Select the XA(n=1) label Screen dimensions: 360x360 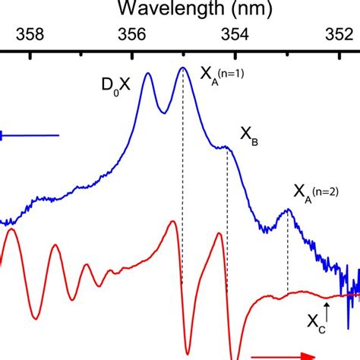tap(221, 74)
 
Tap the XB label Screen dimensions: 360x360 tap(250, 135)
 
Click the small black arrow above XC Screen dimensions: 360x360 tap(327, 308)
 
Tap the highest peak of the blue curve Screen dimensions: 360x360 tap(182, 68)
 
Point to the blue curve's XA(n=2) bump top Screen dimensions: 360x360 tap(288, 210)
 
